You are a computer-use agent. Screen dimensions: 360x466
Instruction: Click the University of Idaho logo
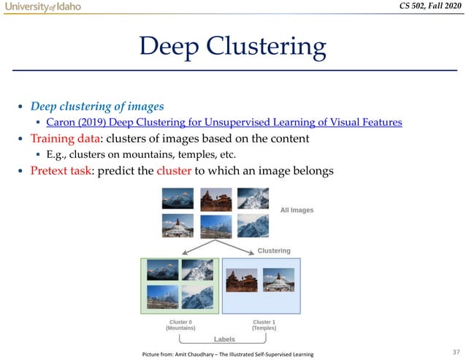42,7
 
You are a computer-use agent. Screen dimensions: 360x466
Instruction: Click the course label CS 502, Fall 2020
424,7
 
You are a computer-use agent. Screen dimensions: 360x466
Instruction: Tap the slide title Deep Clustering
232,48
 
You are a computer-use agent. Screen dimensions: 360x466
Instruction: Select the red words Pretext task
61,172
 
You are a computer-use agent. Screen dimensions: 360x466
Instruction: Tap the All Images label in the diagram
297,210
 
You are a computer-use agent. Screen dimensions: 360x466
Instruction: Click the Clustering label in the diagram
274,250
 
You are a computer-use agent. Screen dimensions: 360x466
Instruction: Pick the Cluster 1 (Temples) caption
263,325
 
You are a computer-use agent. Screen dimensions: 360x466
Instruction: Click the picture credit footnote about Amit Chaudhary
227,354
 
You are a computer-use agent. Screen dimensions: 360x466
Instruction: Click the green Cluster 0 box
180,285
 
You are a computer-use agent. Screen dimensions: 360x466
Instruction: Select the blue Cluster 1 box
261,285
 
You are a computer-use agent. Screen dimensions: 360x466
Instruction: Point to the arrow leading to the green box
184,247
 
